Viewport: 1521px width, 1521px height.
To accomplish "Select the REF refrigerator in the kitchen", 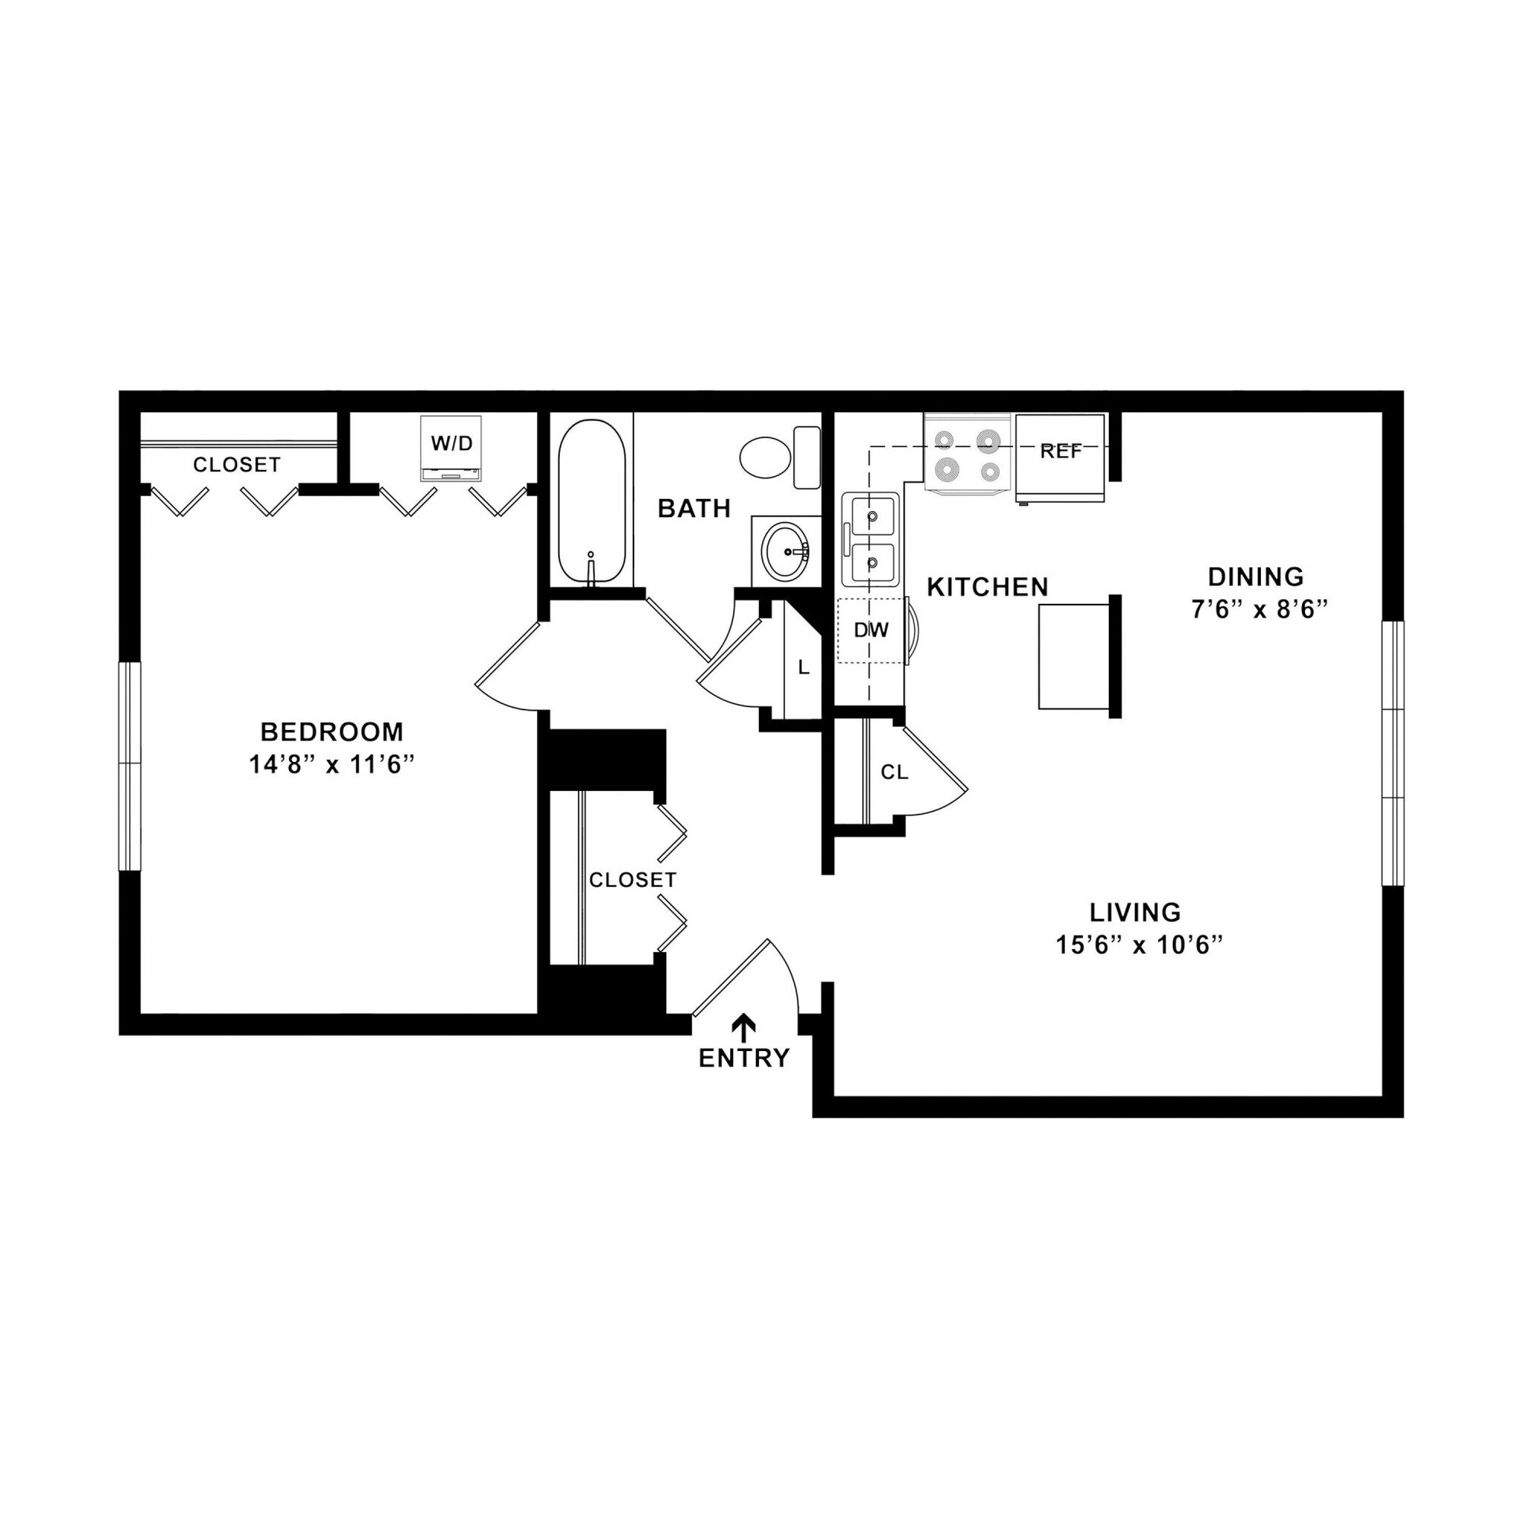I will (1060, 457).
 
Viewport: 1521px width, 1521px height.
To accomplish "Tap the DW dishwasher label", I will (870, 630).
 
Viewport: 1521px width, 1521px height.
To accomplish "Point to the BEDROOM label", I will (331, 732).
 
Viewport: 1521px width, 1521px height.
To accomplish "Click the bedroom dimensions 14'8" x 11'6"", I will (331, 764).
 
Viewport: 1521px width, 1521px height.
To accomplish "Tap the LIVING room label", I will (1135, 913).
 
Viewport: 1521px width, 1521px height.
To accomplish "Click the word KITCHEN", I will (987, 587).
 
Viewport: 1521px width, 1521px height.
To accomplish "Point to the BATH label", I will (694, 509).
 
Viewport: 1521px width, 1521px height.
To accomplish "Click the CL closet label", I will (893, 773).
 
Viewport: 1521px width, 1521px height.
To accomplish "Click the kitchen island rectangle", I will (1073, 657).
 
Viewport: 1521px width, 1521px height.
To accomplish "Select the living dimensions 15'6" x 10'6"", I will (1139, 945).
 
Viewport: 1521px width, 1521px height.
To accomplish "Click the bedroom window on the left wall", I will (130, 766).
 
